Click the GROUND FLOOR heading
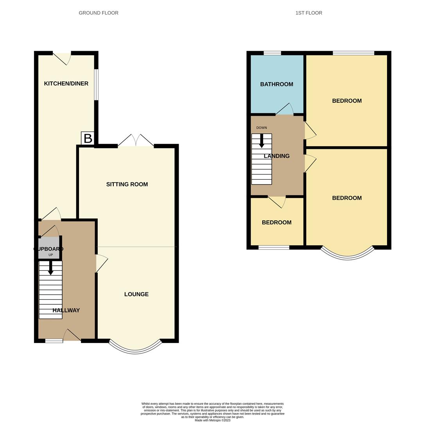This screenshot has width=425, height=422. (99, 13)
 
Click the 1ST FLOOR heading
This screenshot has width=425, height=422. (308, 13)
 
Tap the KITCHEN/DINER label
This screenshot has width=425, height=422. (66, 84)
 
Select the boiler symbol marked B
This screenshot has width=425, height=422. (88, 138)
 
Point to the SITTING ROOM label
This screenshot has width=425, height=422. (127, 184)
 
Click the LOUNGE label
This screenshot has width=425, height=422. (136, 294)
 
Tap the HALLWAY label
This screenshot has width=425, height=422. (66, 310)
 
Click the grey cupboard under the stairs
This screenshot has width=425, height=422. (48, 249)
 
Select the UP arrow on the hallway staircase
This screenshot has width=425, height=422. (50, 268)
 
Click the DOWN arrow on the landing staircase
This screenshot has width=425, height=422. (262, 141)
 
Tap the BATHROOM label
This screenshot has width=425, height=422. (276, 84)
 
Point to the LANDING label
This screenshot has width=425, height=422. (276, 156)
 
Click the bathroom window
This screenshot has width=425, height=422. (272, 53)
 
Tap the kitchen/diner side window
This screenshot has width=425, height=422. (96, 85)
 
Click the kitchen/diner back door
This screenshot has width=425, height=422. (62, 58)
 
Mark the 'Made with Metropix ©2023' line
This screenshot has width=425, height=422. (212, 420)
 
